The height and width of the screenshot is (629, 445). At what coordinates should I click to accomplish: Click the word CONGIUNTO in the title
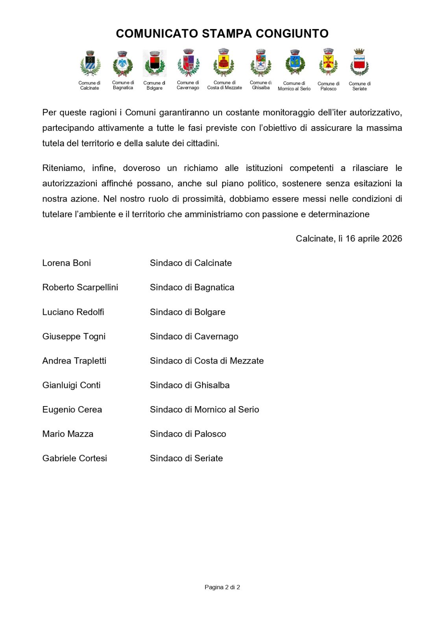click(292, 34)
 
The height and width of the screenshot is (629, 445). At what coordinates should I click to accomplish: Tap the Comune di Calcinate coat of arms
click(90, 64)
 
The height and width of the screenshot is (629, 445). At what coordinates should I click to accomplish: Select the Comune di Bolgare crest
click(155, 63)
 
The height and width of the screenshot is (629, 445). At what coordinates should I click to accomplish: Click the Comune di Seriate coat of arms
click(359, 63)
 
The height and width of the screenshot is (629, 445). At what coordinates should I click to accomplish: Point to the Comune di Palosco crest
click(328, 63)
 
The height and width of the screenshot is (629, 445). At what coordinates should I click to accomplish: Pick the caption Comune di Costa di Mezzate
click(225, 85)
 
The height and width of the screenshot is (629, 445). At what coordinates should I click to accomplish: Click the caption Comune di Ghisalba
click(261, 85)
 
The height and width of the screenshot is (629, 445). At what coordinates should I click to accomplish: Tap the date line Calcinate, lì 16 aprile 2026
click(349, 239)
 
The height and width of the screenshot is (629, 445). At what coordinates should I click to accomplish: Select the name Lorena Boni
click(66, 263)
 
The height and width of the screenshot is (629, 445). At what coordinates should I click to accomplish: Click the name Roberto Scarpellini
click(80, 287)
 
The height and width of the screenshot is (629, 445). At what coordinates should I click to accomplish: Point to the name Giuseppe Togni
click(74, 337)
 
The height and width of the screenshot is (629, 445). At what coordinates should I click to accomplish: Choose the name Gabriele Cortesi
click(75, 458)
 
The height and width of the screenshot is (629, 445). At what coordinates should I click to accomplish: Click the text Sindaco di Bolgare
click(188, 312)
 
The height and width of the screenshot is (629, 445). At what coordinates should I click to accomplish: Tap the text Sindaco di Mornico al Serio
click(205, 410)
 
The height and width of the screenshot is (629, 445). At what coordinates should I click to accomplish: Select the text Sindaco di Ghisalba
click(190, 385)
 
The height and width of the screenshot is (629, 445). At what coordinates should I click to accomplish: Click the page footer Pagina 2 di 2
click(222, 587)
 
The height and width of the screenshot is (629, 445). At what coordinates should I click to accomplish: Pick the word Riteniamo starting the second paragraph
click(63, 168)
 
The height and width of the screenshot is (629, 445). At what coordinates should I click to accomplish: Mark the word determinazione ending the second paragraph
click(339, 214)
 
